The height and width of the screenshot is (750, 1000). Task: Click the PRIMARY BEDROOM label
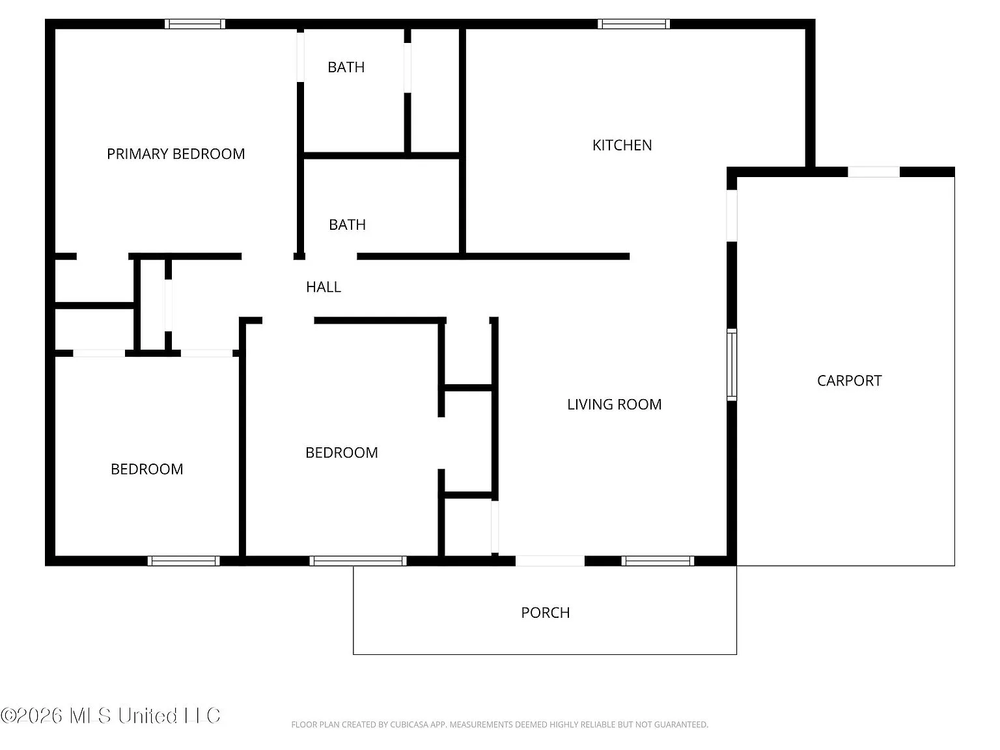coord(176,154)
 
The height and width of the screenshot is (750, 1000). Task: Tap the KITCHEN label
coord(622,145)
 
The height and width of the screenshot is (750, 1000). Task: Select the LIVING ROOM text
coord(614,404)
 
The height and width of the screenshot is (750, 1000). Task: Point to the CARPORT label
coord(849,381)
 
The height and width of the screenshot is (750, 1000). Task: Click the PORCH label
coord(546,613)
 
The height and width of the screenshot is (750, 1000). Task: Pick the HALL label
coord(324,287)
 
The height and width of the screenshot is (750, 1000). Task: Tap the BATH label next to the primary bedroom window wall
coord(346,68)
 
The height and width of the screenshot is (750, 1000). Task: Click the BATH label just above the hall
coord(347,225)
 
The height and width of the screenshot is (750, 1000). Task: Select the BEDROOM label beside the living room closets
coord(342,452)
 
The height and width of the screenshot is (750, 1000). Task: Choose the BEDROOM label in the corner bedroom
coord(146,469)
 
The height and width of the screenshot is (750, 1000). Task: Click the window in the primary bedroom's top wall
coord(195,24)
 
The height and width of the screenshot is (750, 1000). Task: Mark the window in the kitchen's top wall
coord(633,24)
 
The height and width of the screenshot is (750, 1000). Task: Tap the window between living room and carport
coord(732,365)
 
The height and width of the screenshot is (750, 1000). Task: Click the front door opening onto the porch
coord(550,561)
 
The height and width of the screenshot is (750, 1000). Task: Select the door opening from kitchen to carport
coord(732,216)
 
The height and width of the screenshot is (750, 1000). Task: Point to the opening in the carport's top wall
coord(873,172)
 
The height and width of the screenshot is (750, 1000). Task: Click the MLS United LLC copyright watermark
coord(110,715)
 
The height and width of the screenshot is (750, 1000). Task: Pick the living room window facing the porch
coord(658,561)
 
